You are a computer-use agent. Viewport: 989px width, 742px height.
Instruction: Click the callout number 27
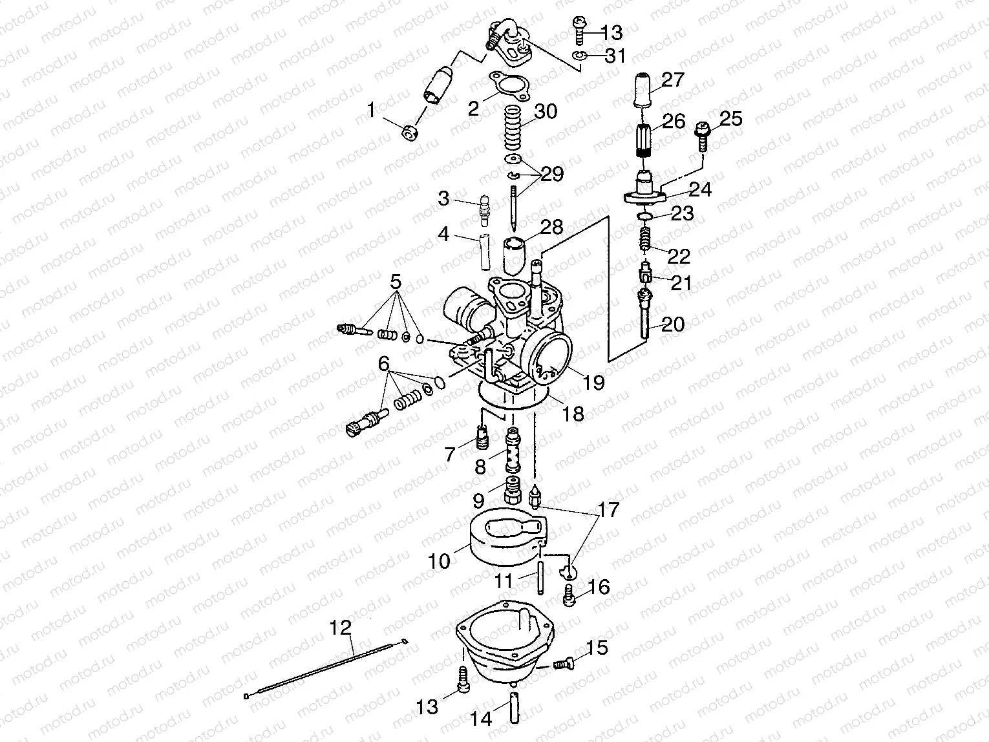pos(673,80)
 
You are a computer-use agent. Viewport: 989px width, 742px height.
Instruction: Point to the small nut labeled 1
pos(409,134)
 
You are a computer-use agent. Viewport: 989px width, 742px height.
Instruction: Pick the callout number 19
pos(593,382)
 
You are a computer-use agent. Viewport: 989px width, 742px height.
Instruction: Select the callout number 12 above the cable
pos(341,628)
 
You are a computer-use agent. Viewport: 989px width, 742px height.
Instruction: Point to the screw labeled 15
pos(564,662)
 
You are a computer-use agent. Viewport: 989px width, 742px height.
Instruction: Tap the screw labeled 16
pos(570,595)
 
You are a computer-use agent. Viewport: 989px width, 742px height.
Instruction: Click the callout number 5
pos(396,282)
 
